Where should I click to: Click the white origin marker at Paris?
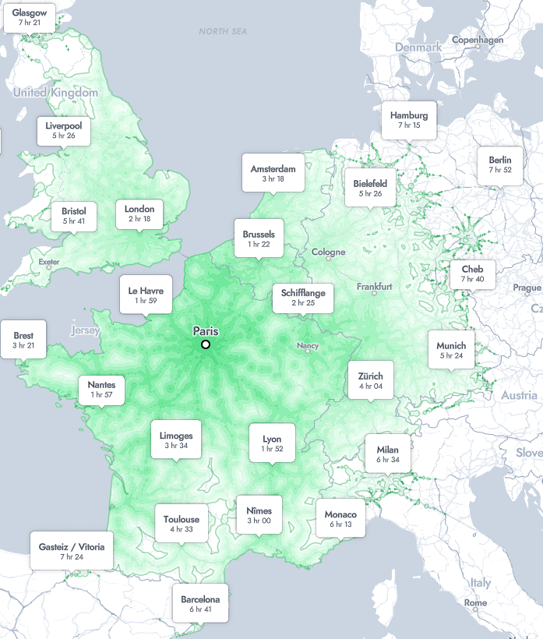(206, 344)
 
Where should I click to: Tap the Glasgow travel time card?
(30, 19)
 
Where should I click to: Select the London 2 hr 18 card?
(139, 214)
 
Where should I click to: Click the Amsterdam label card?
(273, 174)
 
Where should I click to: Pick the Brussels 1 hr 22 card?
(259, 238)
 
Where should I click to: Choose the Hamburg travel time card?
(409, 120)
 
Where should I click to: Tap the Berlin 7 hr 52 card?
(500, 164)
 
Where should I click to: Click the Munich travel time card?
(451, 350)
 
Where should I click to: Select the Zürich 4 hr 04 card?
(371, 380)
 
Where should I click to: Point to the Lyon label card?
(272, 443)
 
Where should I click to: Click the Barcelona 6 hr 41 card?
(200, 604)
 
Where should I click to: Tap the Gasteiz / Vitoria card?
(71, 551)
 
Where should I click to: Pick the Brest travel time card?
(23, 340)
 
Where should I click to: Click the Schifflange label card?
(303, 297)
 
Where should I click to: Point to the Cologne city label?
(328, 252)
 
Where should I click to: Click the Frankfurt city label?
(374, 287)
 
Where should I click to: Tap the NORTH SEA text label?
(223, 31)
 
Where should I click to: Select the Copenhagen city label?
(478, 40)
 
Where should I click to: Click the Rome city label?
(475, 603)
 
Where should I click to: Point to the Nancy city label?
(308, 345)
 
